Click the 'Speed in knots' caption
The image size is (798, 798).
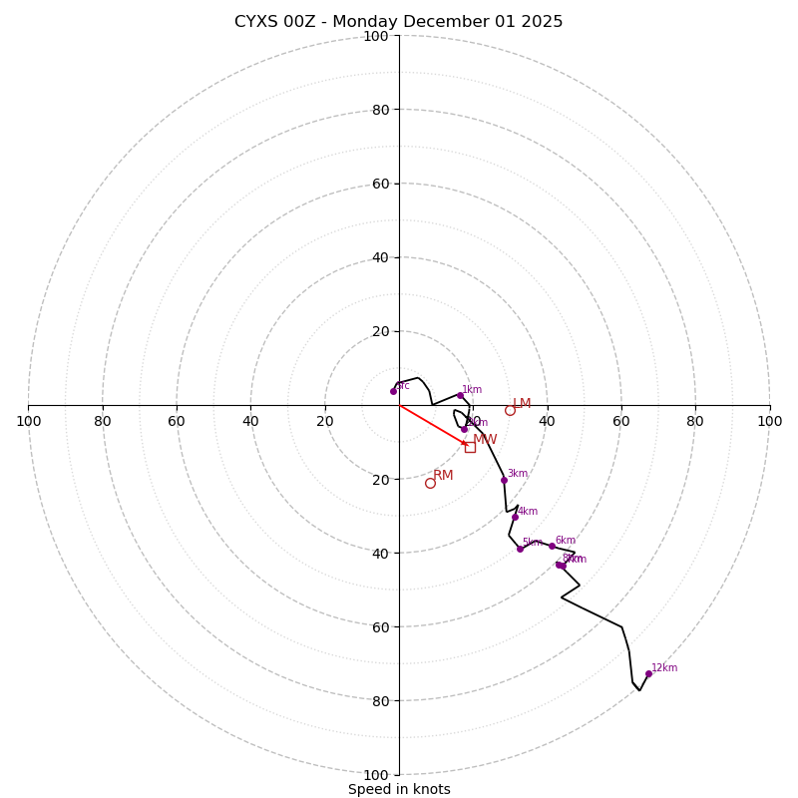(x=399, y=789)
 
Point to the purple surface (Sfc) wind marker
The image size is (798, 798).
(x=393, y=391)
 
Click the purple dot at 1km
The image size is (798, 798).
(x=460, y=395)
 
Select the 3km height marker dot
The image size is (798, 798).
(x=504, y=480)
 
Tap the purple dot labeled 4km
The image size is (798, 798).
(x=515, y=517)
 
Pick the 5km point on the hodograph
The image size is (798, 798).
(x=520, y=549)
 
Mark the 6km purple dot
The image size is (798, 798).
(x=552, y=546)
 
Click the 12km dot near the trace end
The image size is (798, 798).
(x=648, y=673)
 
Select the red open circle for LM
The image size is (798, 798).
(x=510, y=410)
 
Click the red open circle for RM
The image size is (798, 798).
(x=430, y=483)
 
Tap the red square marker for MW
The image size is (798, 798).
(x=470, y=447)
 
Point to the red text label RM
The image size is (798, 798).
(x=443, y=476)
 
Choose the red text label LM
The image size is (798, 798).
(x=522, y=404)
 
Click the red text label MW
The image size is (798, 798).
(x=485, y=440)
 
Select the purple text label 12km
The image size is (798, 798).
(x=664, y=668)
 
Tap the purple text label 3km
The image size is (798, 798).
(x=517, y=474)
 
